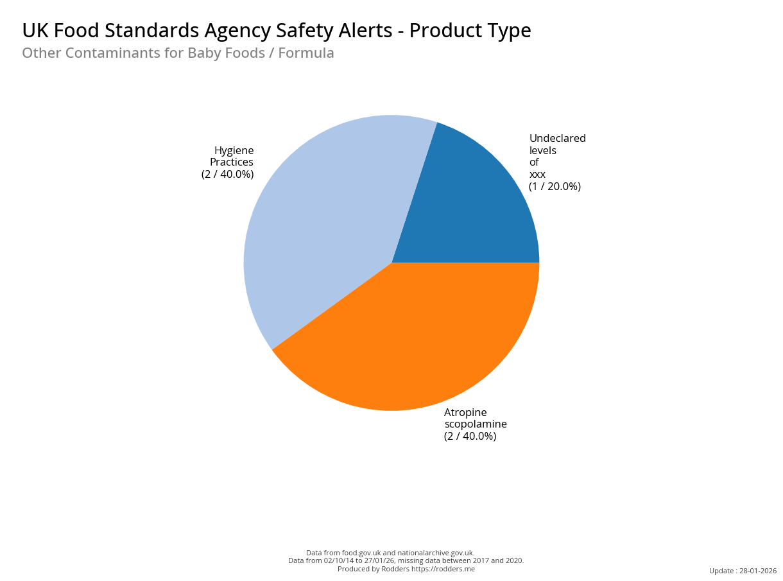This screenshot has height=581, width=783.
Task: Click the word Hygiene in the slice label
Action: (x=234, y=150)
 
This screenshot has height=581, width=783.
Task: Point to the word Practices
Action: (x=232, y=162)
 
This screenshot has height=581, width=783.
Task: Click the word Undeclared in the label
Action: (x=557, y=139)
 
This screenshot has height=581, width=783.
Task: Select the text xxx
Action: (x=537, y=175)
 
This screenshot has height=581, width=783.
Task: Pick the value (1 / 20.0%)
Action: (x=555, y=187)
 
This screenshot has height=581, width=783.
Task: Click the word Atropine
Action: (x=465, y=412)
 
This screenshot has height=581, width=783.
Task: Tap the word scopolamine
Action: (x=476, y=424)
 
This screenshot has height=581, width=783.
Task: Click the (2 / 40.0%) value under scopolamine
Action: (x=470, y=437)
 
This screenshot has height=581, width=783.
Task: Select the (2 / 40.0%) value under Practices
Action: (x=228, y=175)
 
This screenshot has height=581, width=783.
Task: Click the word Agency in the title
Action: (x=240, y=31)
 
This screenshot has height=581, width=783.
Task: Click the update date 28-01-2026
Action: (x=758, y=571)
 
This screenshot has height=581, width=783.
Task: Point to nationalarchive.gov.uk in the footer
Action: (x=436, y=553)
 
